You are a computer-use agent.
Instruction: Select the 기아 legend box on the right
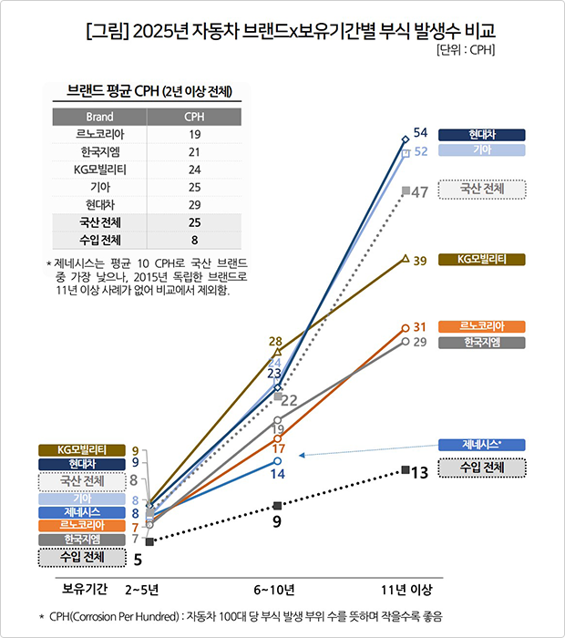pos(482,150)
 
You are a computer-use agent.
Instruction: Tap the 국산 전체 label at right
pos(482,189)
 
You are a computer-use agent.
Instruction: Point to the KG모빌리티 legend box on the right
pos(482,260)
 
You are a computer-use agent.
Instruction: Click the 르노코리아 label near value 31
pos(482,326)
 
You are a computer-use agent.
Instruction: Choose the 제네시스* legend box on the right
pos(482,444)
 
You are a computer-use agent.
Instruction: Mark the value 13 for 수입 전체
pos(420,473)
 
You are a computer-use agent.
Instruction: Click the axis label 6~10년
pos(273,587)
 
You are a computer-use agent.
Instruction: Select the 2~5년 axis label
pos(143,587)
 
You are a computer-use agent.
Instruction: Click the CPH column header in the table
pos(194,117)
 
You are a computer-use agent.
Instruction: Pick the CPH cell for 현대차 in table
pos(194,204)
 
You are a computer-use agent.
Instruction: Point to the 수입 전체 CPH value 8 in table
pos(194,240)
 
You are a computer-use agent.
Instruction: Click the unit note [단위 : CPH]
pos(465,49)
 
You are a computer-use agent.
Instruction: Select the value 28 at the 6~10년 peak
pos(274,342)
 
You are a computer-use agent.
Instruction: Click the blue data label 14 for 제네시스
pos(277,474)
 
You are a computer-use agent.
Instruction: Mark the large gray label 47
pos(420,192)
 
